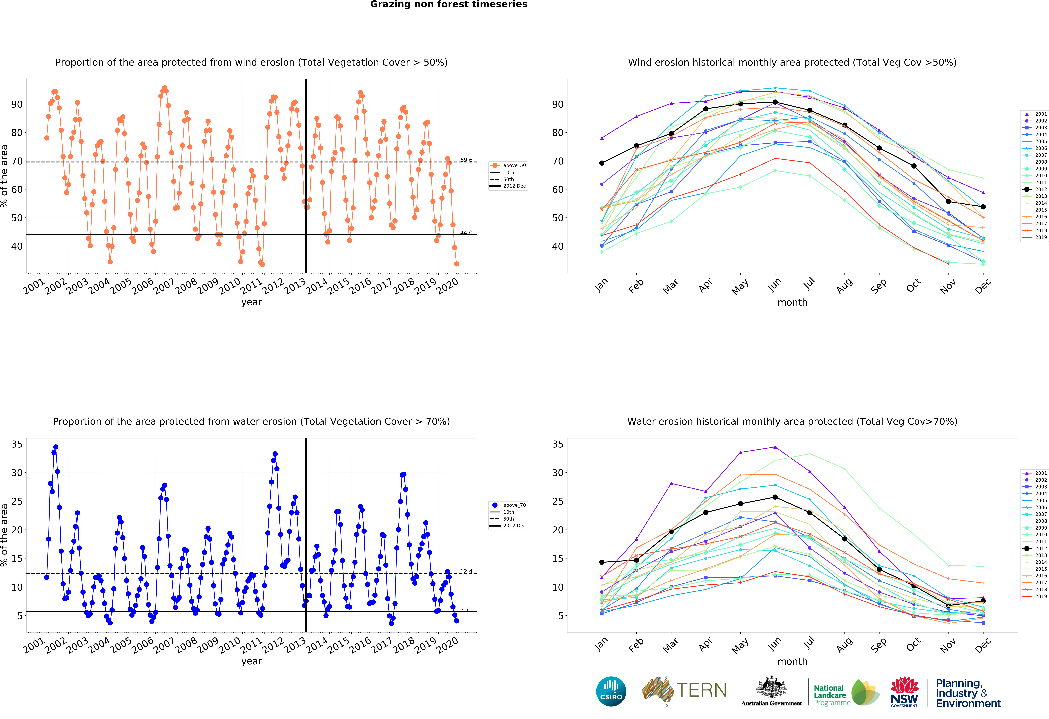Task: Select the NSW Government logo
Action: [x=904, y=692]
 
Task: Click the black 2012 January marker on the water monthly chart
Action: [x=602, y=562]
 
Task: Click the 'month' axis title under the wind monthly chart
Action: [x=792, y=302]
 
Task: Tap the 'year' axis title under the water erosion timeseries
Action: [x=251, y=661]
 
